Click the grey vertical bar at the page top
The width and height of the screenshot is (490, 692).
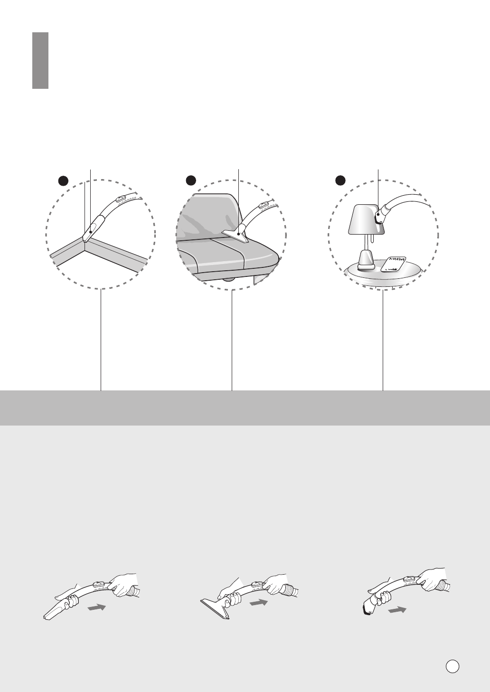click(x=40, y=60)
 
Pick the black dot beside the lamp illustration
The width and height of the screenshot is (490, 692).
click(x=340, y=180)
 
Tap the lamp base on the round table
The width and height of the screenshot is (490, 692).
click(x=365, y=261)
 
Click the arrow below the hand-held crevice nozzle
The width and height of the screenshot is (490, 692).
click(x=96, y=608)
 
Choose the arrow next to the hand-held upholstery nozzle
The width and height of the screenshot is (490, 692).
click(x=258, y=602)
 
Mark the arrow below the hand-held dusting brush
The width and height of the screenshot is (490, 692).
click(x=397, y=610)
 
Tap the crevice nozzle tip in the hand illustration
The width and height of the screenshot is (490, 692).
click(x=52, y=613)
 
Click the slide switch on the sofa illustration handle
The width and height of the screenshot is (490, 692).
click(x=264, y=206)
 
